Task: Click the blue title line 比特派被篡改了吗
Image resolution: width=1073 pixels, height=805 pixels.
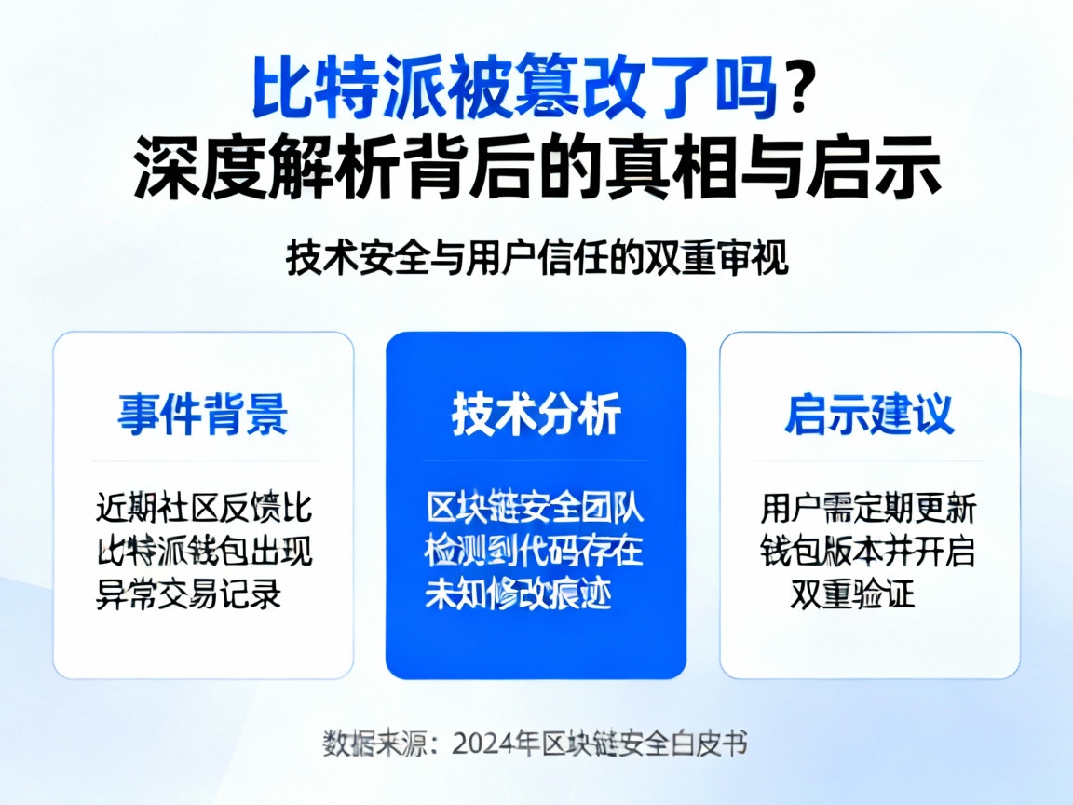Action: (x=515, y=89)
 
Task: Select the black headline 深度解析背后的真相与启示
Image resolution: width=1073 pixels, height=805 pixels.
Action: (x=536, y=170)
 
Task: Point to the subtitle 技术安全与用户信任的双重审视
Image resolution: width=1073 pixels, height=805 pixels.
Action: (x=536, y=258)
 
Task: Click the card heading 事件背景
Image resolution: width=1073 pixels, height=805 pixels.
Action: (x=202, y=414)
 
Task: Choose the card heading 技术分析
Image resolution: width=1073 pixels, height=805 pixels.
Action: (x=536, y=414)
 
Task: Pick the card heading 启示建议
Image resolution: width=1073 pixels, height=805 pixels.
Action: (x=869, y=414)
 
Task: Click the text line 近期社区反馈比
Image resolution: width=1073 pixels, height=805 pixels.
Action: (x=203, y=509)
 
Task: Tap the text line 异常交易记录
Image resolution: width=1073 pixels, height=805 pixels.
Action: (x=189, y=594)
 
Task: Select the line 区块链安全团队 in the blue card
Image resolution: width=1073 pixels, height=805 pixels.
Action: (x=535, y=509)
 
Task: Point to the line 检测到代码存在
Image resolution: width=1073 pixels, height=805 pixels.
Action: (x=535, y=552)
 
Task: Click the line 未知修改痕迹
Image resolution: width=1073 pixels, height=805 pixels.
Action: (x=519, y=594)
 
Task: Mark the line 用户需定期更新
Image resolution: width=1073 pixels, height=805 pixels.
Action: (x=868, y=509)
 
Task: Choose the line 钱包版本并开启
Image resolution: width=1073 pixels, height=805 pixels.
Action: (x=868, y=552)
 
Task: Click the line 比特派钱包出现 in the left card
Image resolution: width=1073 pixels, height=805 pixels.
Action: (x=203, y=552)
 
